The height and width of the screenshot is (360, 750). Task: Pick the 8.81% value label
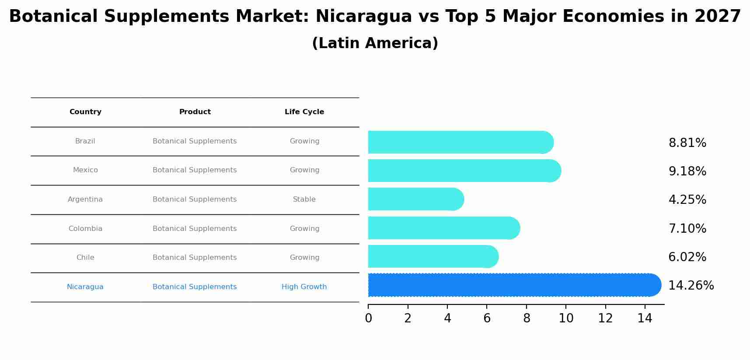(687, 143)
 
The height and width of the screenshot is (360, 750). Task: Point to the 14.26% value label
(691, 286)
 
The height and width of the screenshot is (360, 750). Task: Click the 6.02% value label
(687, 257)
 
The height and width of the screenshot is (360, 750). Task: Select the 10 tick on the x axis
(566, 318)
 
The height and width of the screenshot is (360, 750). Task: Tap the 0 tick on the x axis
(368, 318)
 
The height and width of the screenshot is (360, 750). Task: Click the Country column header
(85, 112)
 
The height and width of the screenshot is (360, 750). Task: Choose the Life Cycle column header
(304, 112)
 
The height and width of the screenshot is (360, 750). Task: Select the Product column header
(195, 112)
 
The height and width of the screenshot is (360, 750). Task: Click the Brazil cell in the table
(85, 141)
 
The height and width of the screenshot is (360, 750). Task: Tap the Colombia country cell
(85, 229)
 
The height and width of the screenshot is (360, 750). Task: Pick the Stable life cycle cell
(304, 199)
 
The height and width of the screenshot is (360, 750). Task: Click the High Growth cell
(304, 287)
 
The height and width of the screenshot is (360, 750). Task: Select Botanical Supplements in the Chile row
(195, 258)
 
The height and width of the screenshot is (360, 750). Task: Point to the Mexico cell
(85, 170)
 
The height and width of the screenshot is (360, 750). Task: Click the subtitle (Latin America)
(375, 43)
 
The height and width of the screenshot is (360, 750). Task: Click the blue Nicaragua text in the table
(85, 287)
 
